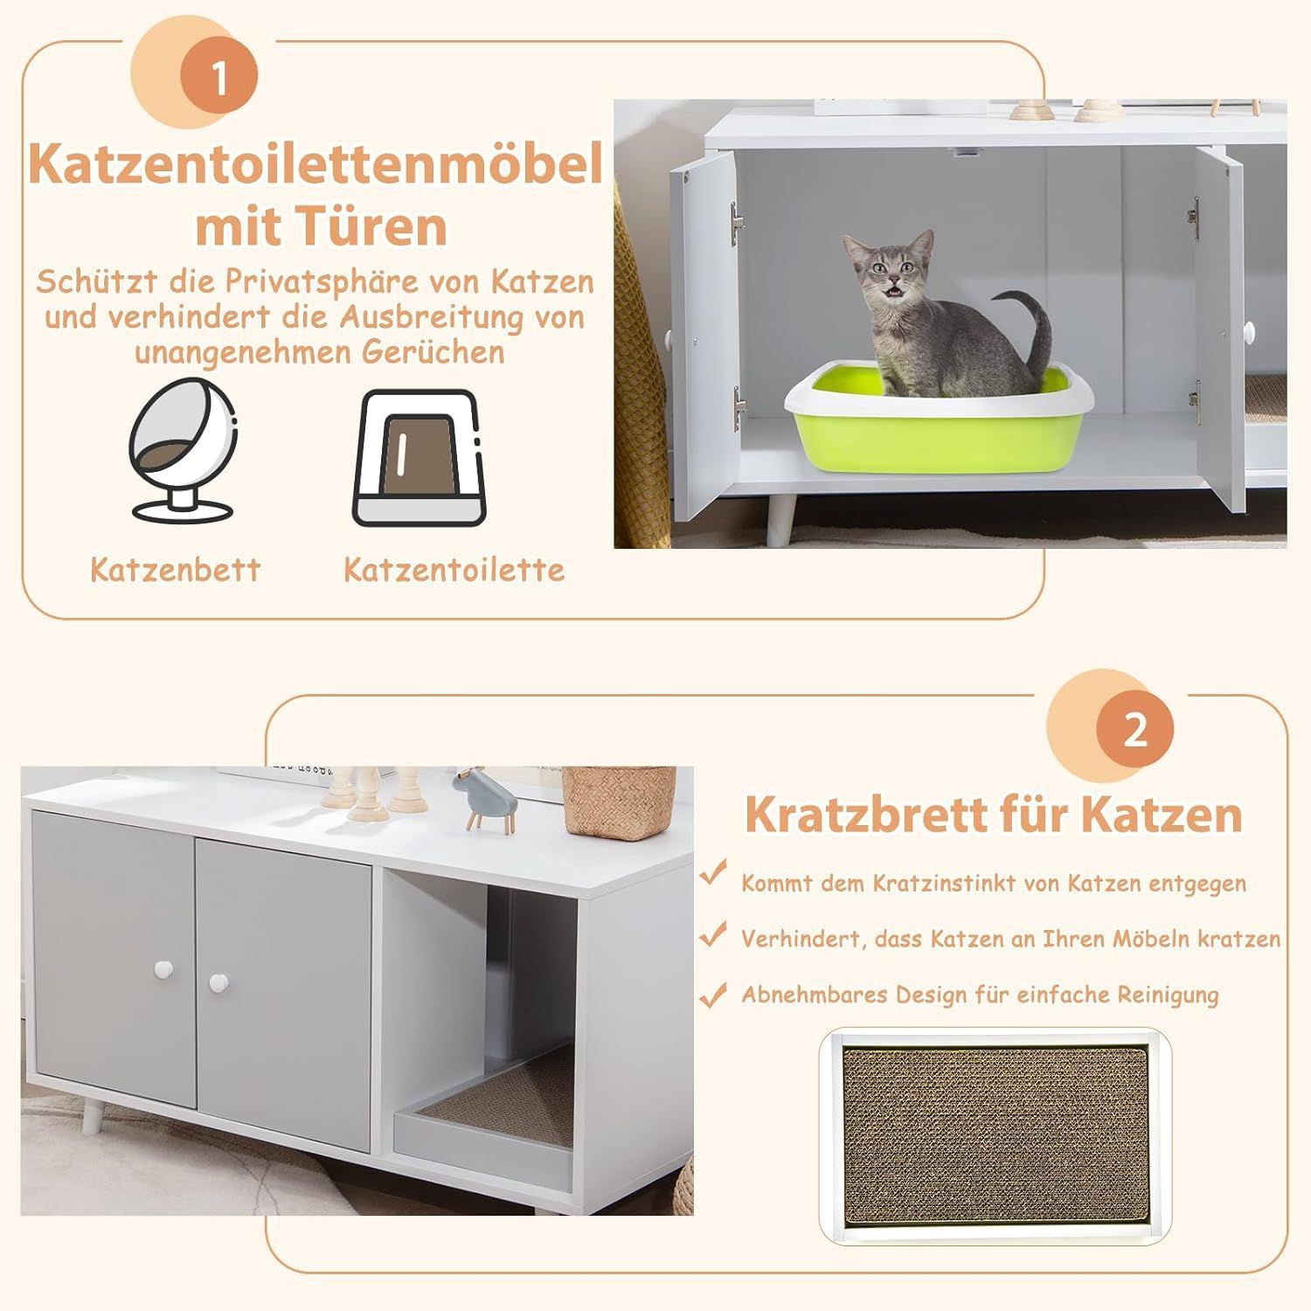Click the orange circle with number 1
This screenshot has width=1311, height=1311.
coord(218,77)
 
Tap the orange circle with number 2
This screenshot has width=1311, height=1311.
coord(1134,728)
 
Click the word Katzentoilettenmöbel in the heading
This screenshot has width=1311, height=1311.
coord(316,163)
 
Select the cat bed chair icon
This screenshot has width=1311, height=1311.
coord(183,450)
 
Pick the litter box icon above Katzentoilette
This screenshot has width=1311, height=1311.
coord(417,458)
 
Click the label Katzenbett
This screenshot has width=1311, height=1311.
coord(176,570)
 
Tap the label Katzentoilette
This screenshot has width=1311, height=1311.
coord(454,570)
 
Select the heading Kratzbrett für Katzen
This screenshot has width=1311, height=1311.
coord(994,814)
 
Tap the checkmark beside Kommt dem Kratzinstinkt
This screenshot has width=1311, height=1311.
coord(713,872)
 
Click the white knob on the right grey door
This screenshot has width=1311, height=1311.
coord(218,983)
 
